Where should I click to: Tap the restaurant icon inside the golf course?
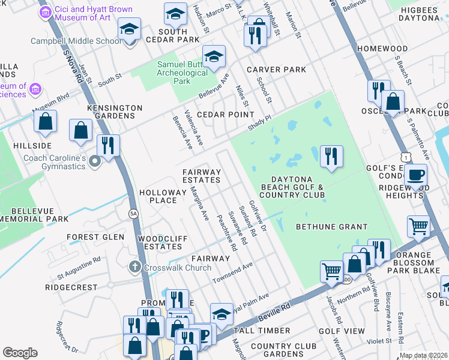point(331,157)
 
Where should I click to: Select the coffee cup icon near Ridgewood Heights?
point(416,175)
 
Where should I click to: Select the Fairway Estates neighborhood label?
point(202,176)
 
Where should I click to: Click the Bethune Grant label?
point(331,226)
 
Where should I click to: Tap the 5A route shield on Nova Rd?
point(133,213)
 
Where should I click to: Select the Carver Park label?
point(276,70)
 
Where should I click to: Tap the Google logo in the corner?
point(19,352)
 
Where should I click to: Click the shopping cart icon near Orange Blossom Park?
point(419,227)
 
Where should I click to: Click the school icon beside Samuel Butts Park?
point(214,57)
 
